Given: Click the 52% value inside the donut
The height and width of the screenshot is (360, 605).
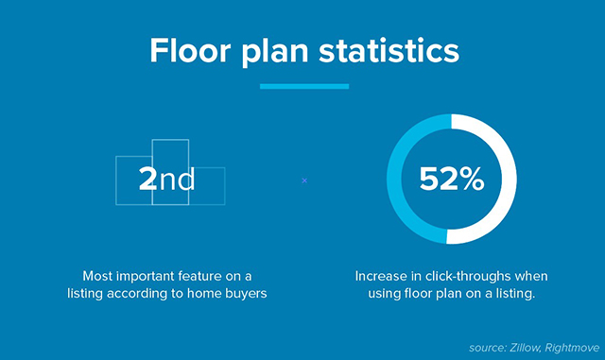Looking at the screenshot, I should click(452, 179).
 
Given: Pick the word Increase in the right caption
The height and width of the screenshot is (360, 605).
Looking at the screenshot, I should click(382, 276).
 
